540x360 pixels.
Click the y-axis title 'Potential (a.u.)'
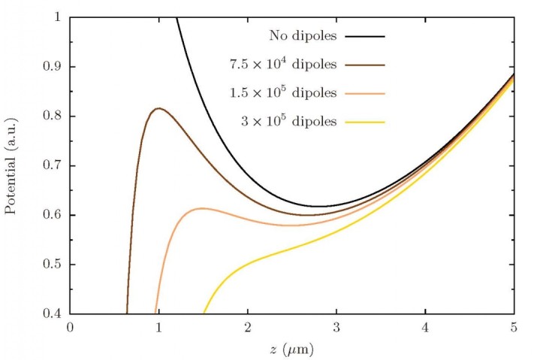coord(11,165)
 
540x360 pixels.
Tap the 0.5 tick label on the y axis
coord(53,265)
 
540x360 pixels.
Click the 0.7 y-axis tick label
coord(53,165)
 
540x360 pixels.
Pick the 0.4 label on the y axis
coord(53,313)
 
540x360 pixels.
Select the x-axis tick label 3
coord(337,328)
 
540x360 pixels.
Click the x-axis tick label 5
coord(514,328)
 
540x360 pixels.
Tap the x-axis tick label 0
coord(71,328)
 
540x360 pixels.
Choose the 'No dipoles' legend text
coord(302,35)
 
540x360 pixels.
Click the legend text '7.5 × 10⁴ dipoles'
coord(283,65)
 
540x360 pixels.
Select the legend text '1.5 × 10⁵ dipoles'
coord(283,93)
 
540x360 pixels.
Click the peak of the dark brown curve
coord(158,109)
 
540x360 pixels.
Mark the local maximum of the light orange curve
coord(202,208)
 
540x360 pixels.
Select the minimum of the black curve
coord(319,206)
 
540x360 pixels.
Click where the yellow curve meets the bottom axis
coord(204,313)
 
